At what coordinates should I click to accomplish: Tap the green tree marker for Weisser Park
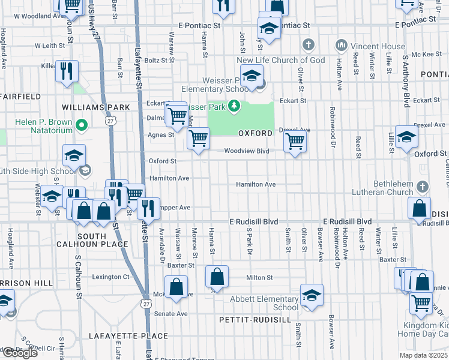point(234,107)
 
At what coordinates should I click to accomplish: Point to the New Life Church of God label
point(280,60)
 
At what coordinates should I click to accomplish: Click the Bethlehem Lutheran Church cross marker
point(423,187)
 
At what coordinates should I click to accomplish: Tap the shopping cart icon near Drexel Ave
point(294,142)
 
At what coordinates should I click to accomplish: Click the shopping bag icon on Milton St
point(217,277)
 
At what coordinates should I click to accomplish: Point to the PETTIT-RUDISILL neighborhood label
point(255,320)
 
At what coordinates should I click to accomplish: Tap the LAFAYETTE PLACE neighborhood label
point(119,335)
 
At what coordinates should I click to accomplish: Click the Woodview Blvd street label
point(247,152)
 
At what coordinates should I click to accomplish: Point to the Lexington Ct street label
point(110,277)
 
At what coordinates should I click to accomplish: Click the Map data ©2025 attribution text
point(423,355)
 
